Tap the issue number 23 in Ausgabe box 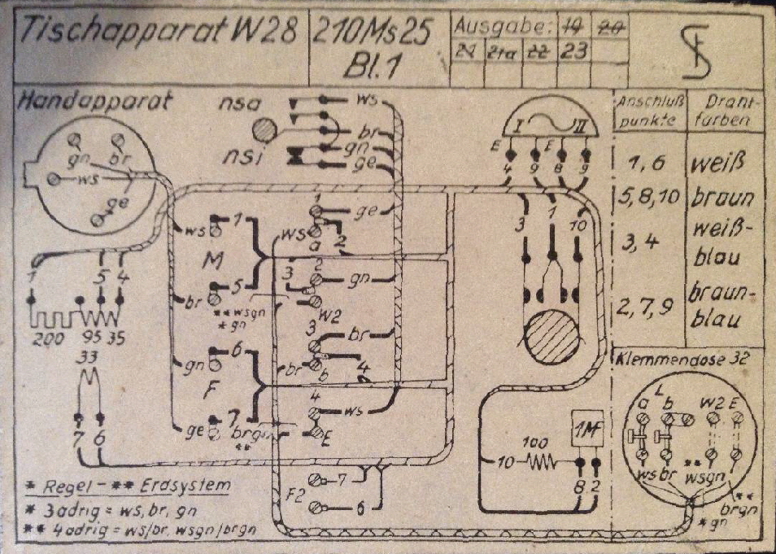coord(574,50)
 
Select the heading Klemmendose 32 coord(682,359)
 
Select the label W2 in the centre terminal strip coord(329,315)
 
